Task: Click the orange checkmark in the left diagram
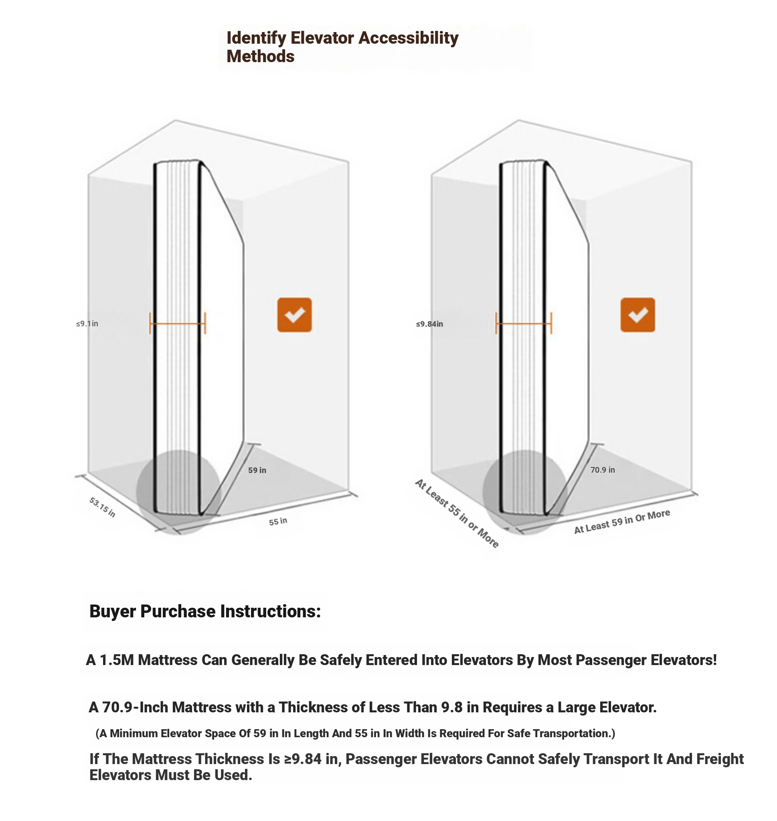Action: coord(294,315)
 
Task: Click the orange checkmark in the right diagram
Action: coord(637,315)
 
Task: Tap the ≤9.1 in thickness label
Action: coord(87,324)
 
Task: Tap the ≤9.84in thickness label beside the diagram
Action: coord(429,324)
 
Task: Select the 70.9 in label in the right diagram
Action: coord(602,469)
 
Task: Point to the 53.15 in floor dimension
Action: coord(102,507)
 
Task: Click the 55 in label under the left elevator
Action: coord(278,521)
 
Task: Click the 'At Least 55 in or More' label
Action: coord(457,514)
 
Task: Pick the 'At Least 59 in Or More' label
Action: coord(622,522)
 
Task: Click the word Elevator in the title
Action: coord(323,38)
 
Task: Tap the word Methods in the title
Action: coord(260,56)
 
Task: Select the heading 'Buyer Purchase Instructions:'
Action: coord(205,611)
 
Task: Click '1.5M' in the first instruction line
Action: coord(117,659)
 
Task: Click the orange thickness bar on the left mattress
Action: coord(177,324)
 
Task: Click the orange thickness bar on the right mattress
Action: coord(524,324)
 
